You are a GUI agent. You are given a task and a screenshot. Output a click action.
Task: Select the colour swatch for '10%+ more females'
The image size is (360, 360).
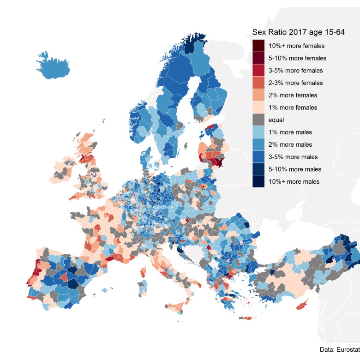click(258, 46)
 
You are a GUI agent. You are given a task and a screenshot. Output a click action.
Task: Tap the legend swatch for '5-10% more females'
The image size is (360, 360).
click(258, 59)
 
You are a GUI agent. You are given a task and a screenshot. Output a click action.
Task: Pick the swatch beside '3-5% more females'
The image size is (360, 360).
click(258, 71)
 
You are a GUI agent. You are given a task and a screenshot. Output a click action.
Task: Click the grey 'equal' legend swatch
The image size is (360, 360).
click(258, 120)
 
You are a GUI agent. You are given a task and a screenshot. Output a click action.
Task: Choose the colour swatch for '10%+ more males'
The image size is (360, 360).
click(258, 181)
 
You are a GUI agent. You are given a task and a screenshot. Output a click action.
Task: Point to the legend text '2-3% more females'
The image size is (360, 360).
click(295, 83)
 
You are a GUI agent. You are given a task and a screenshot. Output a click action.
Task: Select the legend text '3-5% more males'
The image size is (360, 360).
click(293, 157)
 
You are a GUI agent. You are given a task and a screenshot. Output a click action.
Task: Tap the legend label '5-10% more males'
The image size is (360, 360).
click(294, 169)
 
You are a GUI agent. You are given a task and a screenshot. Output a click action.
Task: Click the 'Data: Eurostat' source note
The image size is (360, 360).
click(339, 349)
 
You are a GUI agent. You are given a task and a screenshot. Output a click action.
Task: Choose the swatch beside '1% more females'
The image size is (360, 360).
click(258, 108)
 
